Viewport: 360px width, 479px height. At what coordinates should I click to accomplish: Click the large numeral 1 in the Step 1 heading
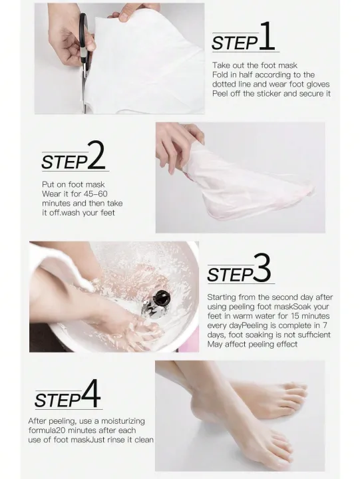[x=268, y=36]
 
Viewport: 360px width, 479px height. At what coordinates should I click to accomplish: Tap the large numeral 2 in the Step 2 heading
[x=96, y=155]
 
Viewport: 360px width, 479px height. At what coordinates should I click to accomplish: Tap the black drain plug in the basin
[x=160, y=298]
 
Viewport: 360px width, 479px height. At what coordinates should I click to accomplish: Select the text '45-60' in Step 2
[x=95, y=194]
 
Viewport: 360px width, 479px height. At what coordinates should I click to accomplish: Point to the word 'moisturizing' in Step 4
[x=123, y=421]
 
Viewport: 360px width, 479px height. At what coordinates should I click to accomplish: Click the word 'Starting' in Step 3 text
[x=222, y=297]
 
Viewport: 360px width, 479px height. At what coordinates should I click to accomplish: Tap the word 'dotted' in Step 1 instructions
[x=224, y=84]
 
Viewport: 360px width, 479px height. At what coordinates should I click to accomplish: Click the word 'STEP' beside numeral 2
[x=65, y=162]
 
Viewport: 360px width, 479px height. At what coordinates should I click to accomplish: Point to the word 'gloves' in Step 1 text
[x=318, y=84]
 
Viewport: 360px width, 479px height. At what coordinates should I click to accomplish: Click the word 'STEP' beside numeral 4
[x=58, y=400]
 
